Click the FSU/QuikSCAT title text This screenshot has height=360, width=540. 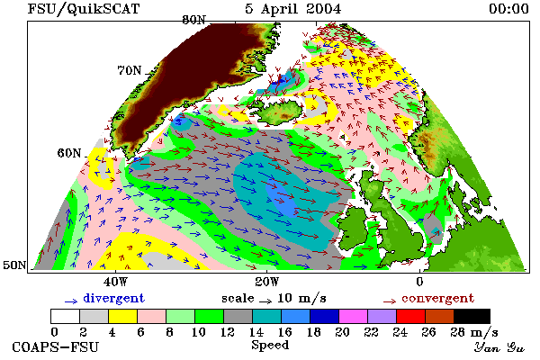(84, 9)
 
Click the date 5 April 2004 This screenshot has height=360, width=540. (293, 9)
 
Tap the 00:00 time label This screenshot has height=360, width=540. (509, 9)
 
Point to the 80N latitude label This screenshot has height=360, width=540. (193, 20)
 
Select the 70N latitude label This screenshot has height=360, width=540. (130, 70)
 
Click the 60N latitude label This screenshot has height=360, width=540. (69, 153)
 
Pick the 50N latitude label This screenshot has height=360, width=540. (14, 265)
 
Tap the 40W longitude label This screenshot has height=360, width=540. (115, 282)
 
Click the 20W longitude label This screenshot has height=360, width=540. (267, 282)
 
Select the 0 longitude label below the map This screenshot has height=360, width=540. (419, 282)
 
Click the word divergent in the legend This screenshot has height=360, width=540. (114, 298)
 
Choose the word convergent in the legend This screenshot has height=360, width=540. (438, 298)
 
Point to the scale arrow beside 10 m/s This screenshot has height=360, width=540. (265, 301)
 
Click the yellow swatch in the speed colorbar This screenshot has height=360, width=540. (122, 316)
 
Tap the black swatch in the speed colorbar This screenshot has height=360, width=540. (472, 316)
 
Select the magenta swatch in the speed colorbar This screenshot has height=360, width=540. (354, 316)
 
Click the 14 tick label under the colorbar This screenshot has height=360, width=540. (256, 332)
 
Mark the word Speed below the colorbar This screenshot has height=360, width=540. (270, 346)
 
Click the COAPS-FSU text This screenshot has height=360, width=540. (56, 347)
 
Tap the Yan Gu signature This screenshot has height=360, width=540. (499, 347)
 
